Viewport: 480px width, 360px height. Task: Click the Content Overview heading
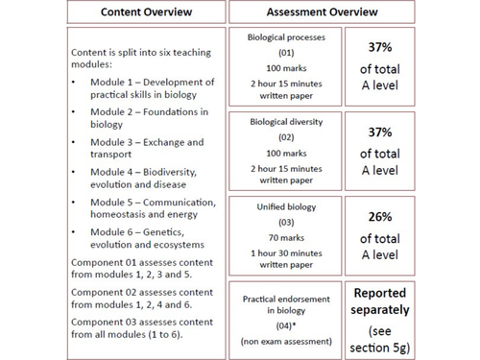(144, 12)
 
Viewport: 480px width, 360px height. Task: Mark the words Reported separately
(380, 300)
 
